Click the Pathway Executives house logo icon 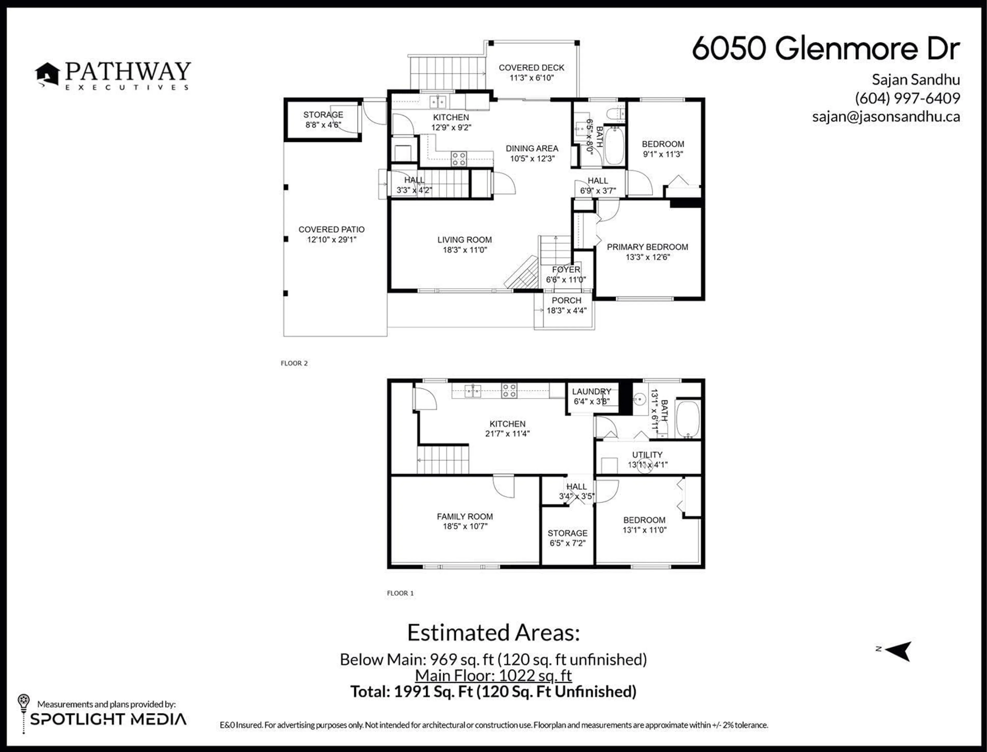tap(48, 74)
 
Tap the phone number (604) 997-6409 tap(907, 98)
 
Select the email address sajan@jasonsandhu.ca tap(886, 117)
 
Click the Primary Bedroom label tap(647, 247)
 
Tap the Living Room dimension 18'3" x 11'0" tap(465, 250)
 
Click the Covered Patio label tap(331, 229)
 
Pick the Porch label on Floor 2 tap(566, 300)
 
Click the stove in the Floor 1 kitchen tap(509, 390)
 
